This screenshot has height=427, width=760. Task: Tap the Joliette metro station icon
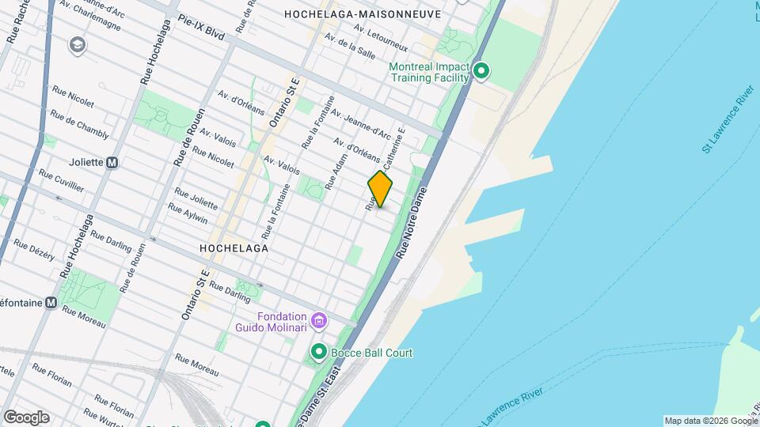pyautogui.click(x=112, y=162)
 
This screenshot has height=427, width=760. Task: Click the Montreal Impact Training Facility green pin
pyautogui.click(x=481, y=73)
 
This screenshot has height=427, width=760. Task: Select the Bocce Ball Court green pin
pyautogui.click(x=319, y=352)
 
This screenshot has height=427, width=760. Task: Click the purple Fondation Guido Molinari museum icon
pyautogui.click(x=319, y=320)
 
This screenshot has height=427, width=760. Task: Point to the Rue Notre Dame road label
pyautogui.click(x=412, y=224)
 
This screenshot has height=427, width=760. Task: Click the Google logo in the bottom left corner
pyautogui.click(x=26, y=417)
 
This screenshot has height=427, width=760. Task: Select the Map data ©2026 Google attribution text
pyautogui.click(x=710, y=421)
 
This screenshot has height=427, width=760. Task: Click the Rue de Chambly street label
pyautogui.click(x=79, y=124)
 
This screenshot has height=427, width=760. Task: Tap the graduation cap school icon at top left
pyautogui.click(x=78, y=44)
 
